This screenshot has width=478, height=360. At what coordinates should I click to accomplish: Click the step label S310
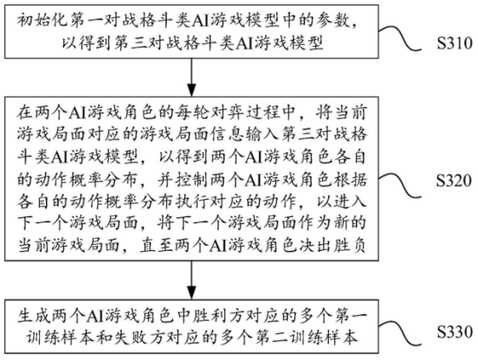[455, 43]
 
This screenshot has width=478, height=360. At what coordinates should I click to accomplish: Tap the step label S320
[455, 180]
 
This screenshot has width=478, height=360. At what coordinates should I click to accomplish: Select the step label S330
[455, 331]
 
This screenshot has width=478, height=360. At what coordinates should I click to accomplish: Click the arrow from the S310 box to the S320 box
[191, 77]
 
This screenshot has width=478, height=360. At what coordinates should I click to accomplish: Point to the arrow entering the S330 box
[191, 280]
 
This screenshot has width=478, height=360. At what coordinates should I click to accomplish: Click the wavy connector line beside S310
[400, 39]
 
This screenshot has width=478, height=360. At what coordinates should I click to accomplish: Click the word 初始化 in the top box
[43, 22]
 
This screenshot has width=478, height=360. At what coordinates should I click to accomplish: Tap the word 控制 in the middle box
[192, 180]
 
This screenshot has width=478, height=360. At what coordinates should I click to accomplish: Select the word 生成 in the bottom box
[35, 317]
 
